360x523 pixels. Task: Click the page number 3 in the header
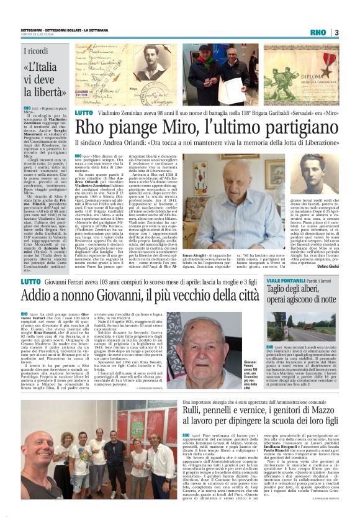coord(336,32)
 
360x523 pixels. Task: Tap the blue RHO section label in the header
coord(318,32)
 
